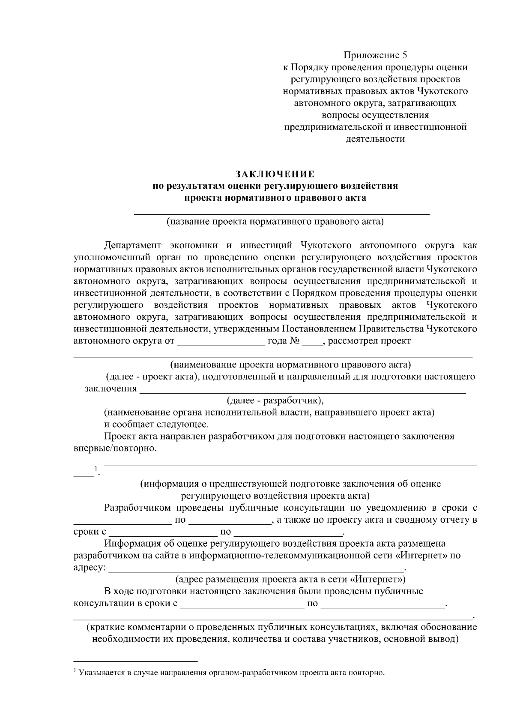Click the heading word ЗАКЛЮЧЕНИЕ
click(275, 174)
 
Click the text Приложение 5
click(375, 55)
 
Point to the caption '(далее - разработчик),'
click(275, 401)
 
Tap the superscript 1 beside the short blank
click(96, 468)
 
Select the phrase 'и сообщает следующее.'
click(156, 424)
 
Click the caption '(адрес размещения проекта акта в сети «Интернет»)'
click(291, 580)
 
